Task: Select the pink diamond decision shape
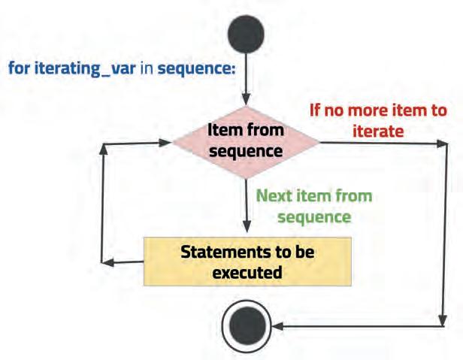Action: coord(246,141)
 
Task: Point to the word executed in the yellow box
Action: coord(247,272)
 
